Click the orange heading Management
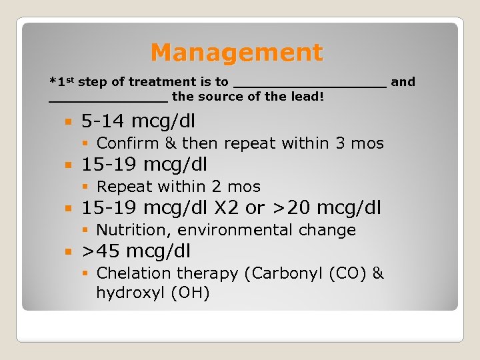coord(237,52)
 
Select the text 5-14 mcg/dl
coord(138,121)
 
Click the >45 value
coord(101,251)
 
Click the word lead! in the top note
coord(308,97)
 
